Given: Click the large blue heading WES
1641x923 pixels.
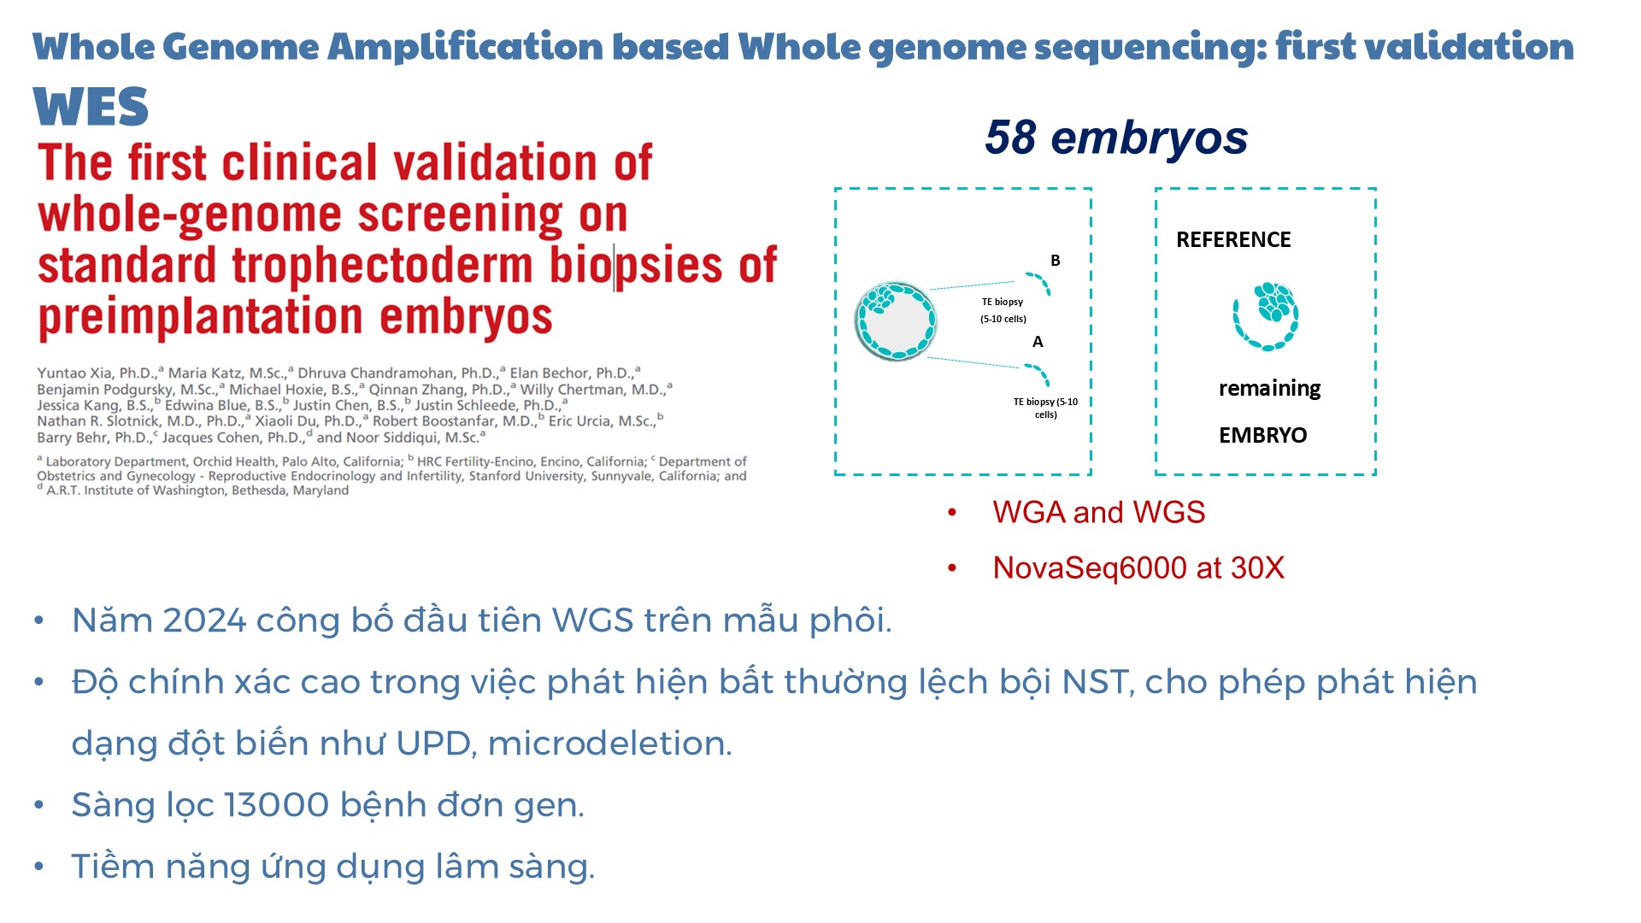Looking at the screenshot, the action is (91, 107).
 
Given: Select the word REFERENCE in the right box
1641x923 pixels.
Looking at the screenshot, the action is (1233, 239).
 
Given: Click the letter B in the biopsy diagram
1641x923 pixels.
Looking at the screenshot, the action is (1056, 261).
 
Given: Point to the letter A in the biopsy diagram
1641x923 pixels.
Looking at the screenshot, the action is (1038, 342).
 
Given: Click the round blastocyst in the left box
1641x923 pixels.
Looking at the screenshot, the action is (896, 321).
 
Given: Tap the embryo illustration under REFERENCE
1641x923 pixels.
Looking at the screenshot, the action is (1266, 316).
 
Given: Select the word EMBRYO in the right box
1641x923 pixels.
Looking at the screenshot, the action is (1262, 435).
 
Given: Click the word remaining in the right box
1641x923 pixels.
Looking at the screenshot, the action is (1269, 389).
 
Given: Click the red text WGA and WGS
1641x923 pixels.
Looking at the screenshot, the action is (1098, 512).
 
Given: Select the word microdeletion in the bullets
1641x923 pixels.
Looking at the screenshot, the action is (609, 744).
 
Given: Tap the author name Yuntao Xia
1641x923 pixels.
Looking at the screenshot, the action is (74, 373).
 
